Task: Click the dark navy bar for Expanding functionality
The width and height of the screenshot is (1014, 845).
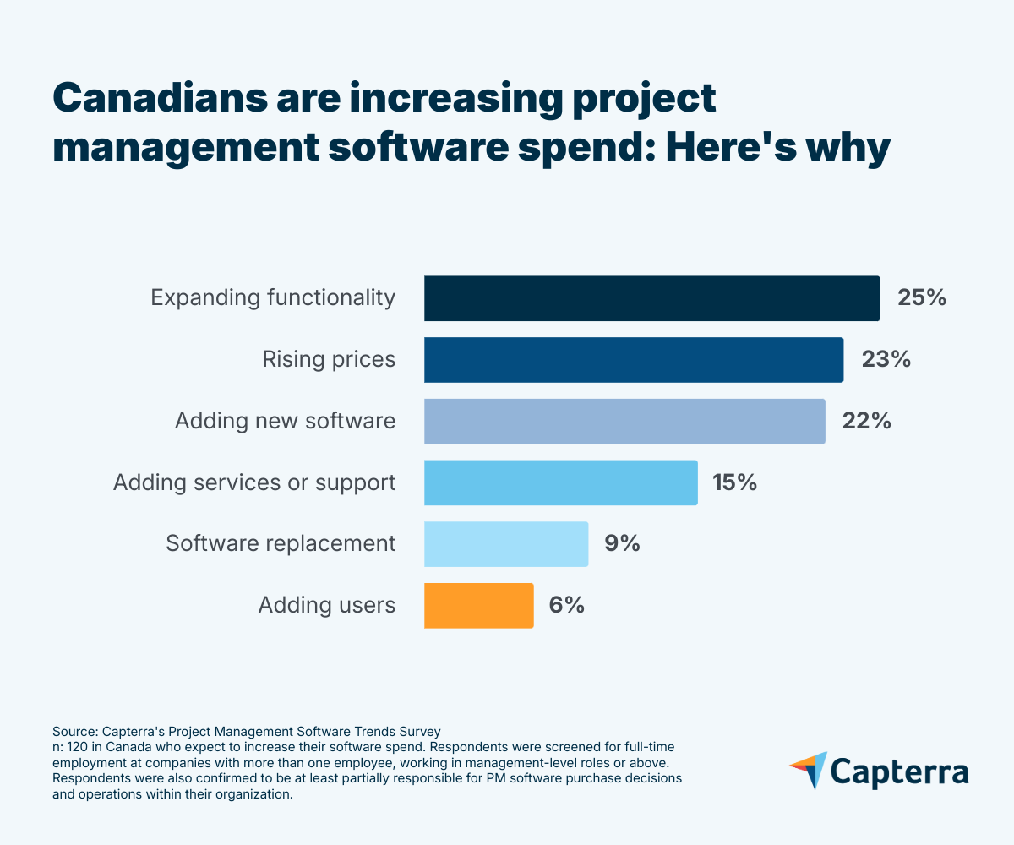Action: (651, 298)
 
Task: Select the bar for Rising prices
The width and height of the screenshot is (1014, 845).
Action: (633, 359)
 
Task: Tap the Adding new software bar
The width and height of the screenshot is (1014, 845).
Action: (624, 421)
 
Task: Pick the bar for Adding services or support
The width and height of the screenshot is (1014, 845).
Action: (560, 482)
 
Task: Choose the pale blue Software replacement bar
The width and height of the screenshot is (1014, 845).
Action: (505, 543)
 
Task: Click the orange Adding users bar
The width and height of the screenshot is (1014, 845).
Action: (478, 605)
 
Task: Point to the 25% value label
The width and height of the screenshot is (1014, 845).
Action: (922, 298)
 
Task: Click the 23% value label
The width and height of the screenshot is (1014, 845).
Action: (886, 359)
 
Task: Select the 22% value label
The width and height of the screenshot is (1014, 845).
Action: (867, 421)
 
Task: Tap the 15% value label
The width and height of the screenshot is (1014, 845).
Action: (733, 482)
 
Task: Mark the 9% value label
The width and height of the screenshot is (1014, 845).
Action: (622, 543)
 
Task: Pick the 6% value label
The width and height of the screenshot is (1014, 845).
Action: (567, 605)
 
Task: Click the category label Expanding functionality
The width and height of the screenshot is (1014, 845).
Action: (273, 298)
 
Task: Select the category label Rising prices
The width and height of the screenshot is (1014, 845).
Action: (329, 359)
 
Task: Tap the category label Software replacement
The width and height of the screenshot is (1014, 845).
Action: (281, 543)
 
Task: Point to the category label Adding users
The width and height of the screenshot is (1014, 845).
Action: (327, 605)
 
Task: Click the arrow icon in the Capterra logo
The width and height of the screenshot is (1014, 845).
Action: (809, 770)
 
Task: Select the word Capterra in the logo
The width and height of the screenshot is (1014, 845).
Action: (900, 772)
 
